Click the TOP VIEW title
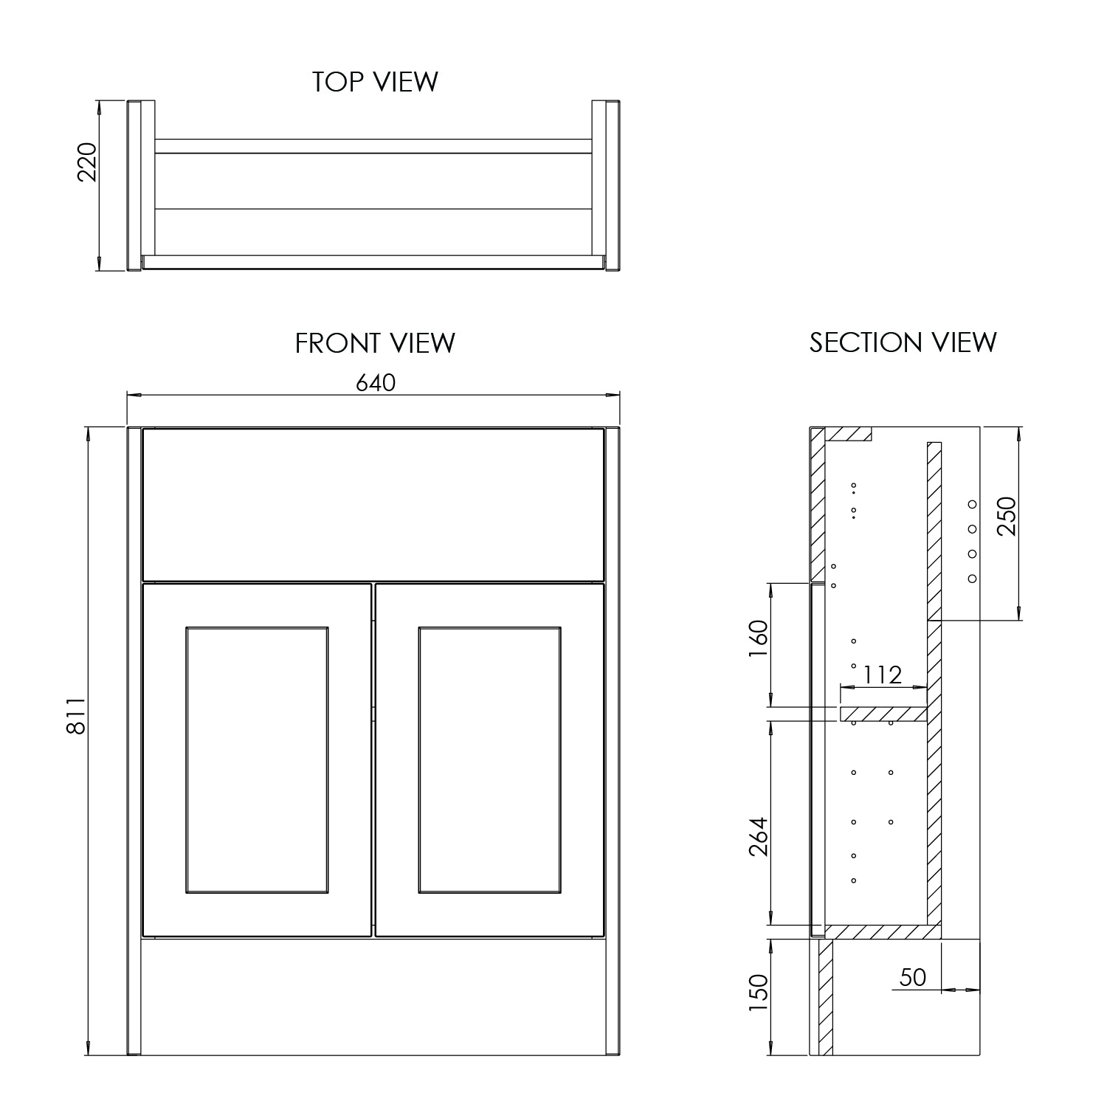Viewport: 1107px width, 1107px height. click(x=375, y=81)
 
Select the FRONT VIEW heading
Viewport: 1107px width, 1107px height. click(x=375, y=342)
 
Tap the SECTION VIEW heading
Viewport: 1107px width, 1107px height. click(x=903, y=342)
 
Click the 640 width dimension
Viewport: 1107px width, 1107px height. click(x=376, y=382)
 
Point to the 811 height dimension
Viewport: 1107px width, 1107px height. click(x=77, y=716)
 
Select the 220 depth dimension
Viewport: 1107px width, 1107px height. click(x=87, y=162)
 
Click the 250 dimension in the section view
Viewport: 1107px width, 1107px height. click(x=1006, y=517)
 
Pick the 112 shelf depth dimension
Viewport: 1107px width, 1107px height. click(x=882, y=675)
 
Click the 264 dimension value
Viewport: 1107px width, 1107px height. click(x=758, y=836)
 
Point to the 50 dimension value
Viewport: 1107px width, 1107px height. click(x=912, y=977)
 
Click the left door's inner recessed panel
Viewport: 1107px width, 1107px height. click(x=257, y=760)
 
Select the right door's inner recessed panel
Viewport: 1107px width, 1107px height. click(x=489, y=760)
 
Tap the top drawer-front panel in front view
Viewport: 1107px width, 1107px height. click(x=373, y=504)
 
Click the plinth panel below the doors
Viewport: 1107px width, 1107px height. click(x=373, y=996)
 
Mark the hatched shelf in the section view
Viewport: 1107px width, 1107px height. click(x=883, y=714)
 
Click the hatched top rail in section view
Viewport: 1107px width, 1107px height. click(x=849, y=434)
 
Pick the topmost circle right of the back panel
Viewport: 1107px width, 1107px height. click(x=972, y=504)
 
